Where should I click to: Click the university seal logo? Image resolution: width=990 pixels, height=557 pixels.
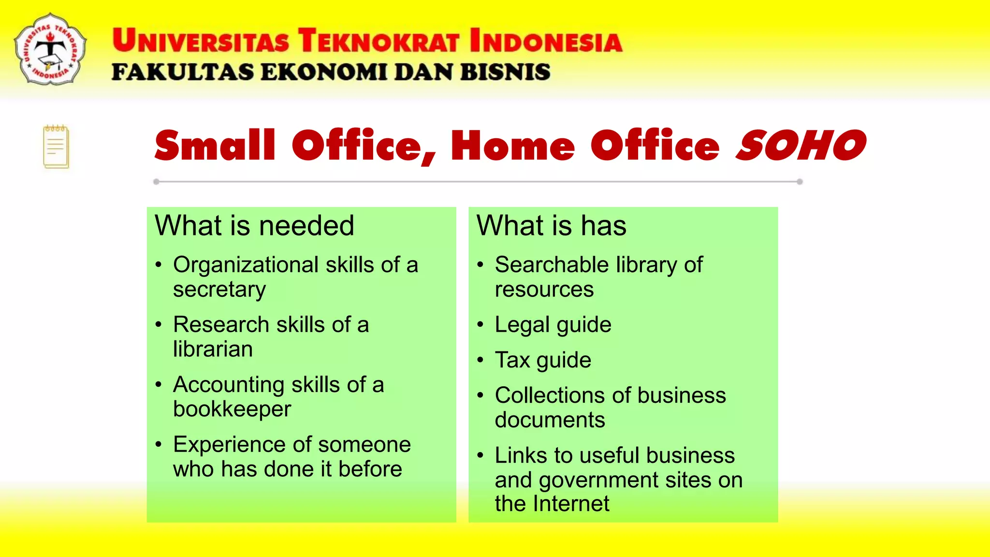tap(50, 49)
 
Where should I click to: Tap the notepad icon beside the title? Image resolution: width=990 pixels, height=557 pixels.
tap(56, 147)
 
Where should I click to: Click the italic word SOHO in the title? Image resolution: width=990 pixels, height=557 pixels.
tap(801, 146)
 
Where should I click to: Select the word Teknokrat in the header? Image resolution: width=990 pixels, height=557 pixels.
tap(379, 40)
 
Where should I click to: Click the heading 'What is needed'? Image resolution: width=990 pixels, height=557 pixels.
tap(254, 226)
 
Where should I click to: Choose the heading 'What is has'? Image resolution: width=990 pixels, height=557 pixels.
tap(551, 226)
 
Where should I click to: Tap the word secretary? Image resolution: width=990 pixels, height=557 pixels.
tap(219, 290)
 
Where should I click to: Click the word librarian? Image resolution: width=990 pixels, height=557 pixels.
tap(213, 349)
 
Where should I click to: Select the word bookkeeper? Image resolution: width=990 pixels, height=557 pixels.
tap(232, 409)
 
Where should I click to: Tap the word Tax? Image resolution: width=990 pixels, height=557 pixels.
tap(512, 360)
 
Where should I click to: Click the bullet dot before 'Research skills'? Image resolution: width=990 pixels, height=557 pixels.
tap(159, 324)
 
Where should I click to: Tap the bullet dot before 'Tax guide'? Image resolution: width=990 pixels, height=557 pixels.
tap(480, 360)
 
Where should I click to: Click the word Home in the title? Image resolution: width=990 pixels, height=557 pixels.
tap(513, 146)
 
